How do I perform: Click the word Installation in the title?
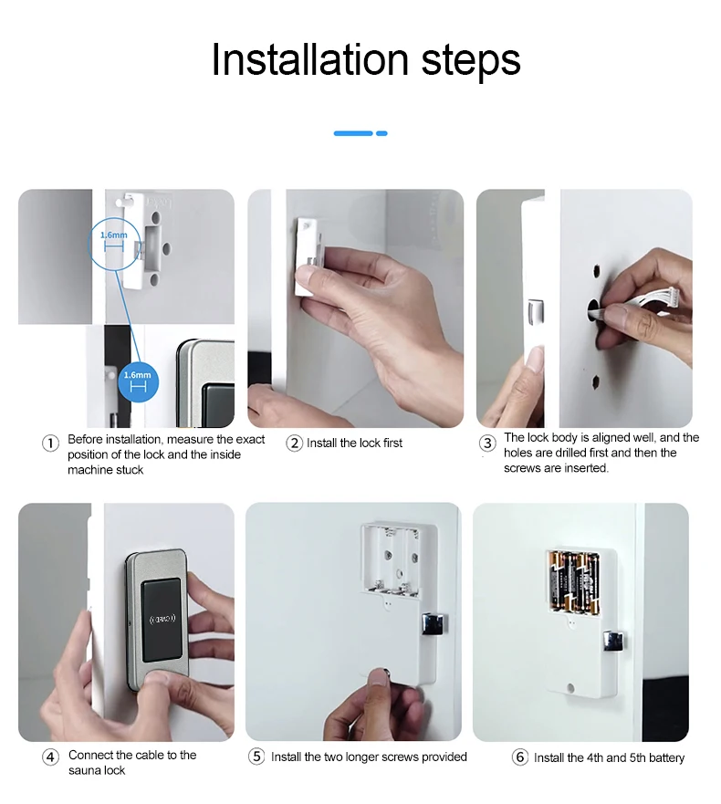(310, 59)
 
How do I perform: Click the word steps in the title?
(471, 63)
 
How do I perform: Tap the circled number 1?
(50, 443)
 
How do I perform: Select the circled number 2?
(295, 443)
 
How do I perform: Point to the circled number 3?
(487, 443)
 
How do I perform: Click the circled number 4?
(50, 757)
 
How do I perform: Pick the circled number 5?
(256, 757)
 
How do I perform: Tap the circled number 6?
(520, 757)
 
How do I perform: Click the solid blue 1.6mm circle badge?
(138, 381)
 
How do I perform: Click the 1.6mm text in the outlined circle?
(114, 235)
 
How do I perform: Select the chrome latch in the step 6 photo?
(612, 642)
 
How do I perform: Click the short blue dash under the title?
(381, 133)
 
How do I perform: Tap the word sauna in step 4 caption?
(82, 770)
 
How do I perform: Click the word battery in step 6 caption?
(665, 757)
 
